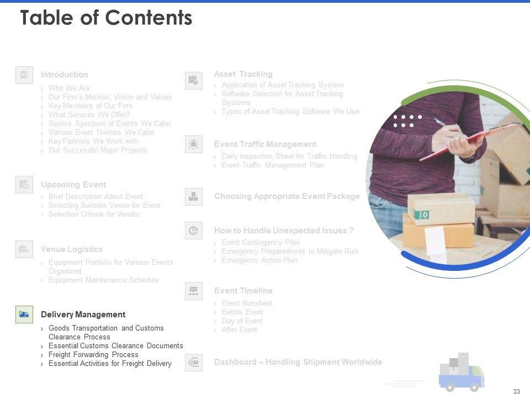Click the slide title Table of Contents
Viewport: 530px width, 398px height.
tap(106, 18)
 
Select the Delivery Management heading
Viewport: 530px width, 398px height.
tap(83, 315)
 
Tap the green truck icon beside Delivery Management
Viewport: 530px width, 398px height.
tap(24, 315)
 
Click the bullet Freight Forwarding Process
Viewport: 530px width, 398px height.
tap(93, 355)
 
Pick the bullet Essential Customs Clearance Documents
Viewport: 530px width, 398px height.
tap(115, 346)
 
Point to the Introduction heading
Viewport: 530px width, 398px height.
tap(64, 75)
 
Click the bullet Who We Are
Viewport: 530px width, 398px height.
tap(69, 88)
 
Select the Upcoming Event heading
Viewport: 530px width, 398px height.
tap(73, 185)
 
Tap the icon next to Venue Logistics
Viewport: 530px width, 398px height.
tap(24, 249)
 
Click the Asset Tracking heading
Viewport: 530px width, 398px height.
tap(243, 74)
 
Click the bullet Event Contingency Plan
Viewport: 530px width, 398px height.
tap(261, 242)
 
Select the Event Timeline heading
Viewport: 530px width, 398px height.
tap(243, 291)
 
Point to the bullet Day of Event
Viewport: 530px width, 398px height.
tap(242, 321)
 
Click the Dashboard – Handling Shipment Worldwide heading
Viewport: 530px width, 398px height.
tap(298, 362)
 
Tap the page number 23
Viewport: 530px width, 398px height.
tap(517, 391)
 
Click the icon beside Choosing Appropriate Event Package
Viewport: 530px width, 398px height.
tap(194, 197)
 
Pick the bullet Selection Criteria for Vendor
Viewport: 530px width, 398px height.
tap(94, 214)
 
